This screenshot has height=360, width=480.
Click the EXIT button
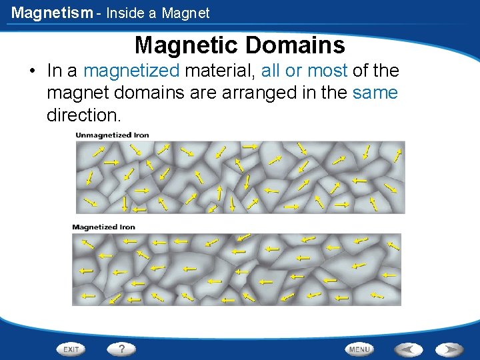click(x=71, y=349)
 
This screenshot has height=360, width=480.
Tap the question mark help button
click(x=121, y=349)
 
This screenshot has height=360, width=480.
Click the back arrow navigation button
click(x=407, y=349)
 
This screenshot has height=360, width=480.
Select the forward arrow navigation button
click(x=449, y=349)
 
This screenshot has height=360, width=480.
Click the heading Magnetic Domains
click(x=239, y=45)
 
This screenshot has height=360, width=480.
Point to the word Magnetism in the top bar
click(x=52, y=13)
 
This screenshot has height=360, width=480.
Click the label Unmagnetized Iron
click(x=112, y=135)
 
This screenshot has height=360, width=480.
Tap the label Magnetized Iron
click(x=103, y=227)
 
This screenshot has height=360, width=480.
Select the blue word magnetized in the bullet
click(x=131, y=71)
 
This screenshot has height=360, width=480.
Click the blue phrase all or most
click(x=305, y=71)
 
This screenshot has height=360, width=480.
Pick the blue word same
click(x=375, y=93)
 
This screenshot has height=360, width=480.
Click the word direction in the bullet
click(x=83, y=115)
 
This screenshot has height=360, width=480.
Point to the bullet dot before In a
click(x=32, y=71)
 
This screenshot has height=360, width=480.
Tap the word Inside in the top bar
click(x=126, y=13)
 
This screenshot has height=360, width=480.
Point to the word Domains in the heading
click(x=295, y=45)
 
